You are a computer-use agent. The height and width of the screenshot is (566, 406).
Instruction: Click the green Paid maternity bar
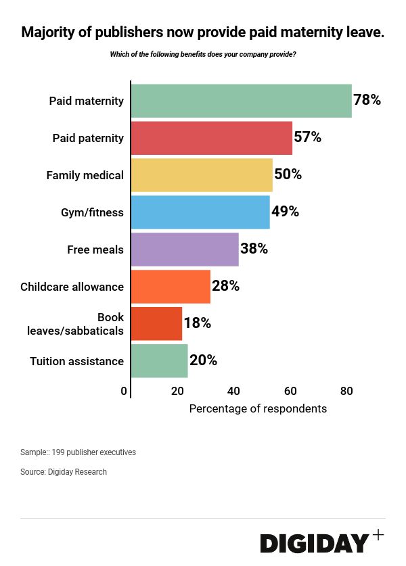241,101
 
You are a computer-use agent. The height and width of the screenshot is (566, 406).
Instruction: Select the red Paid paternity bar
211,138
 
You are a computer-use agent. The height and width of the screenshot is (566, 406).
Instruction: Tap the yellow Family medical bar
202,175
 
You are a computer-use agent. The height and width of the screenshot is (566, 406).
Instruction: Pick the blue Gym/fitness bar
200,212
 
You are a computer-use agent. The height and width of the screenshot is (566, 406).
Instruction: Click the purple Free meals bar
185,250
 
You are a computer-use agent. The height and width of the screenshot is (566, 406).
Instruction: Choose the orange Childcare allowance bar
171,287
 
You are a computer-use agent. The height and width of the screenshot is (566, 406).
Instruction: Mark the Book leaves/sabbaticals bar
156,324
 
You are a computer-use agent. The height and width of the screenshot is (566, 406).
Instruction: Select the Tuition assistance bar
159,361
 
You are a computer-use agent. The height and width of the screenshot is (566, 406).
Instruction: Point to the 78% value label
367,101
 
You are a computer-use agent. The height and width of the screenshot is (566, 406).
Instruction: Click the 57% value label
307,138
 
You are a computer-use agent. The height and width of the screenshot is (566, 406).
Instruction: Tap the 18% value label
198,324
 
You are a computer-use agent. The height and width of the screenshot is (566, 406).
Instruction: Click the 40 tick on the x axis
233,391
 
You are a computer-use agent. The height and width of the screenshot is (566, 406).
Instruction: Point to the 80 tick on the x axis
346,391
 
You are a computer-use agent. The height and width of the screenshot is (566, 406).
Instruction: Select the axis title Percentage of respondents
258,409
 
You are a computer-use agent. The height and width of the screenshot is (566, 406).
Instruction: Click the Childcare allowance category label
72,287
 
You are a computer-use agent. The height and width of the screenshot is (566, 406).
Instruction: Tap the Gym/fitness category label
92,212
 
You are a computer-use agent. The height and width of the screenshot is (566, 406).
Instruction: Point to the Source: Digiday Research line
64,472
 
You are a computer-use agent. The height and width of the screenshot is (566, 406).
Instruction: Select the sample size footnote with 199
78,452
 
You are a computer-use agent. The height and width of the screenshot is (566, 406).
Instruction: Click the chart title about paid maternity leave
203,32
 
